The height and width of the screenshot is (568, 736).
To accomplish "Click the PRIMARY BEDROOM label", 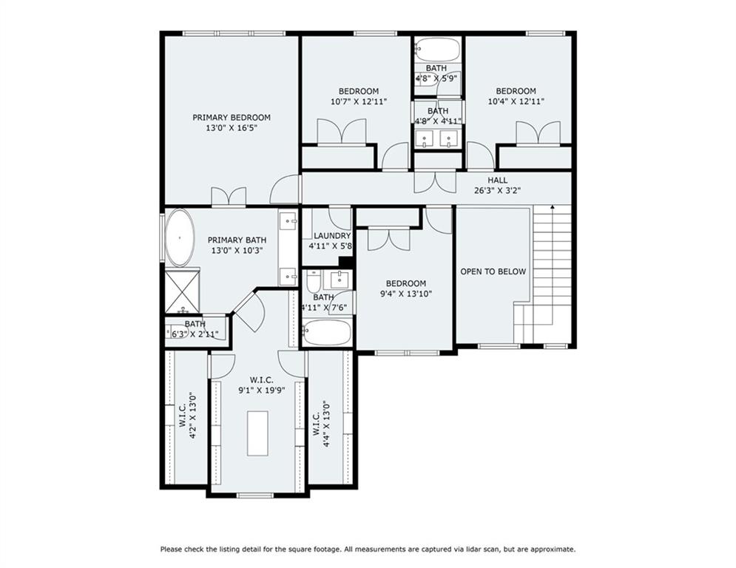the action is coord(232,118).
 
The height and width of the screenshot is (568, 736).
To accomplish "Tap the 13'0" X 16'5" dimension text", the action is coord(232,128).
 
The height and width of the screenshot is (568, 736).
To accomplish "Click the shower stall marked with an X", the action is coord(182,291).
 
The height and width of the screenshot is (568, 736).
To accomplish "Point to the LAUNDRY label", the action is coord(332,236).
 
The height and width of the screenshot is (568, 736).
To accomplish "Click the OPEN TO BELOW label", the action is coord(493,271).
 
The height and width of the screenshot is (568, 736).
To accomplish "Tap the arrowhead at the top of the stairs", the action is coord(553,207).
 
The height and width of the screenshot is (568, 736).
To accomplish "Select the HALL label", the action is coord(497,180).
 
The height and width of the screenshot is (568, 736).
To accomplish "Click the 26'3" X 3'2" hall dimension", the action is coord(497,191).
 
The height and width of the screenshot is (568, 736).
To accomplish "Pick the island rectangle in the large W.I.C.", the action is coord(257,433).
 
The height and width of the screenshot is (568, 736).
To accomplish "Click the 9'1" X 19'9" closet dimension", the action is coord(261,390).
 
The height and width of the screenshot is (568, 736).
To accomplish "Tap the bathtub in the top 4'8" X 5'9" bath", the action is coord(437,50).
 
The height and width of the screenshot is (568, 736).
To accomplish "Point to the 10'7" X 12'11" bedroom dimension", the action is coord(359,101).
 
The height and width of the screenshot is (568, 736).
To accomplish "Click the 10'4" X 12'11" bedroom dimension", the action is coord(516,101).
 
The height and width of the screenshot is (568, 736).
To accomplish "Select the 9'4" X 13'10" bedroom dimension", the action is coord(405,294).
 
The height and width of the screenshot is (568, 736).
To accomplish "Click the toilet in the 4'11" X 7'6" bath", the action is coord(313,282).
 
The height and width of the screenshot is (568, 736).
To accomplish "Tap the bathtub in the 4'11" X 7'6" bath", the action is coord(327,333).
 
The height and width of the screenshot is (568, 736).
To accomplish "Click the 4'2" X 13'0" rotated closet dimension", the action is coord(186,416).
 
